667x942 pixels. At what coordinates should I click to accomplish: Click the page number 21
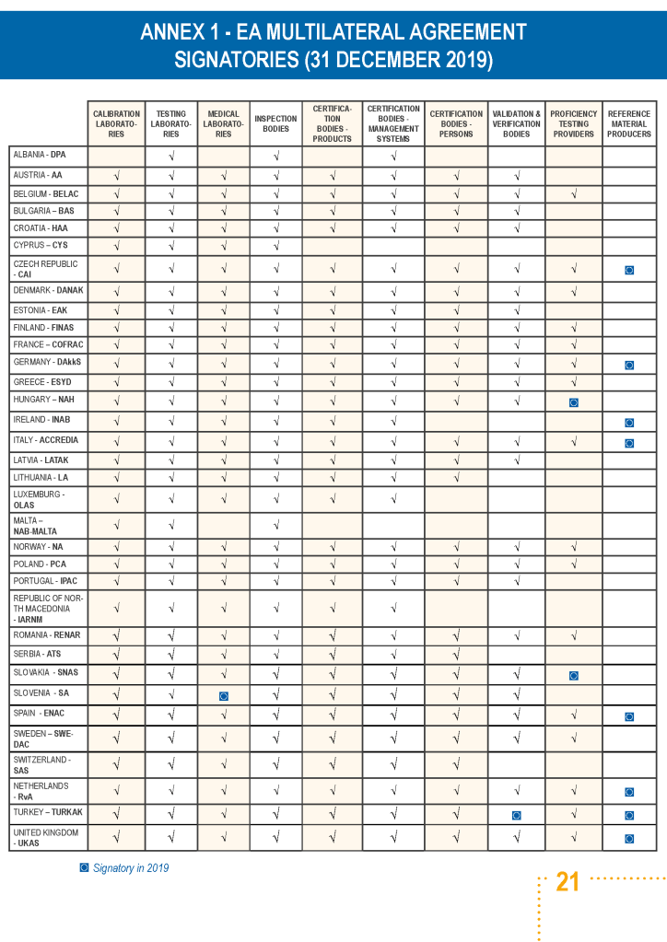[568, 882]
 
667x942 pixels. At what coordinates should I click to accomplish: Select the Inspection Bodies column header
[275, 123]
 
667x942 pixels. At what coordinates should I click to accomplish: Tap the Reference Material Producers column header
[629, 123]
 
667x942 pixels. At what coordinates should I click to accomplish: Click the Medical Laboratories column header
[223, 123]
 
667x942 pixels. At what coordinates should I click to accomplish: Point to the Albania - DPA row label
[39, 155]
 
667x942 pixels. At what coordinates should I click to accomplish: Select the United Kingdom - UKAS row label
[46, 837]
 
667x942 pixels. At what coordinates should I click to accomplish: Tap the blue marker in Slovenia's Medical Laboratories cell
[223, 696]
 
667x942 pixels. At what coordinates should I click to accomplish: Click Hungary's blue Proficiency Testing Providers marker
[573, 402]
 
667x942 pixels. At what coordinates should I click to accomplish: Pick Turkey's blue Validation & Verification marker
[516, 815]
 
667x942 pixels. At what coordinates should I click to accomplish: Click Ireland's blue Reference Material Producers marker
[629, 423]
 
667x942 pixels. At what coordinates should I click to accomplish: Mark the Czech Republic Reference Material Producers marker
[629, 270]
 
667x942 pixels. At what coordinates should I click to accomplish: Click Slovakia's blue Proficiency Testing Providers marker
[573, 675]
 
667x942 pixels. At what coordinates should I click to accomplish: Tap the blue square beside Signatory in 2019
[84, 867]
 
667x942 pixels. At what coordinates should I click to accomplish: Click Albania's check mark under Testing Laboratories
[171, 156]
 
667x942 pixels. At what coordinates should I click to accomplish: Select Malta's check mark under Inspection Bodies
[275, 526]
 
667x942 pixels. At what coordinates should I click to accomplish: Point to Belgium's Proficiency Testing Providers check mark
[573, 194]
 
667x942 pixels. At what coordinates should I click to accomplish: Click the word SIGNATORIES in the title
[234, 61]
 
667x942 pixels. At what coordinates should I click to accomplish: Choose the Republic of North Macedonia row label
[42, 609]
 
